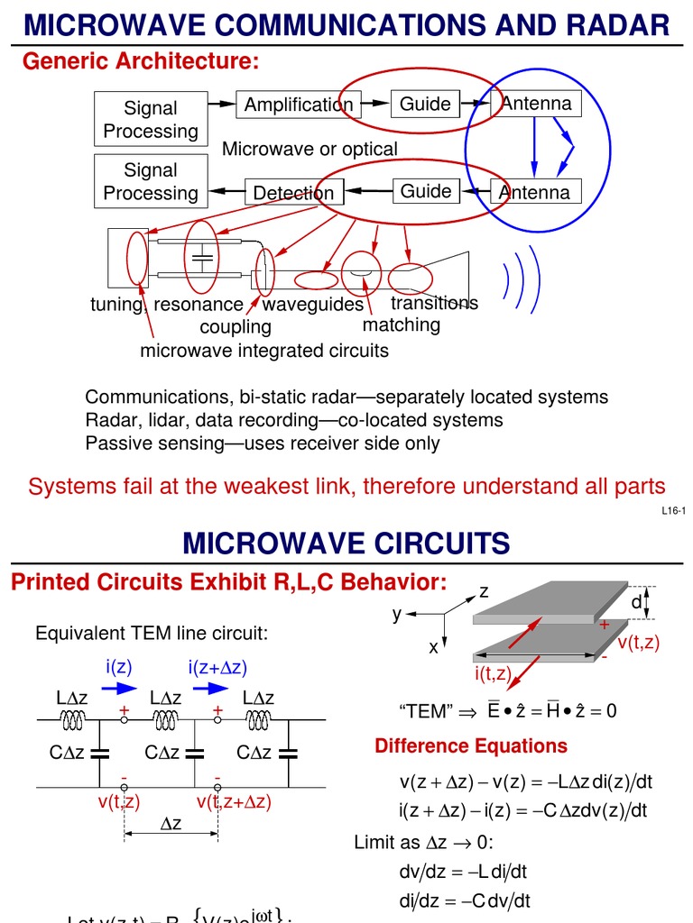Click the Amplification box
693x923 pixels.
point(298,105)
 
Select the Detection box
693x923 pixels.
point(293,192)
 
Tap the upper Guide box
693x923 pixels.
point(425,104)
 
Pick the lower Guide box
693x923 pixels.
point(426,191)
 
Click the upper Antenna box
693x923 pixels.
point(536,104)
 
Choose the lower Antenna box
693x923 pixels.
point(535,192)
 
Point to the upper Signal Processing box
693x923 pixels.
point(151,119)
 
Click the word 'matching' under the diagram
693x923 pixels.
point(402,324)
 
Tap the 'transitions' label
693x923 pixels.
point(434,303)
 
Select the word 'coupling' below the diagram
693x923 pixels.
point(236,326)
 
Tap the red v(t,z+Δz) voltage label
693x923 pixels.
point(234,800)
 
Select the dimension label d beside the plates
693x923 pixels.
point(636,602)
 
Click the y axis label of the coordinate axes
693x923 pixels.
point(396,614)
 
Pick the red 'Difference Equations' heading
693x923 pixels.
point(471,746)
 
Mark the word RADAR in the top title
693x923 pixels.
point(614,25)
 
